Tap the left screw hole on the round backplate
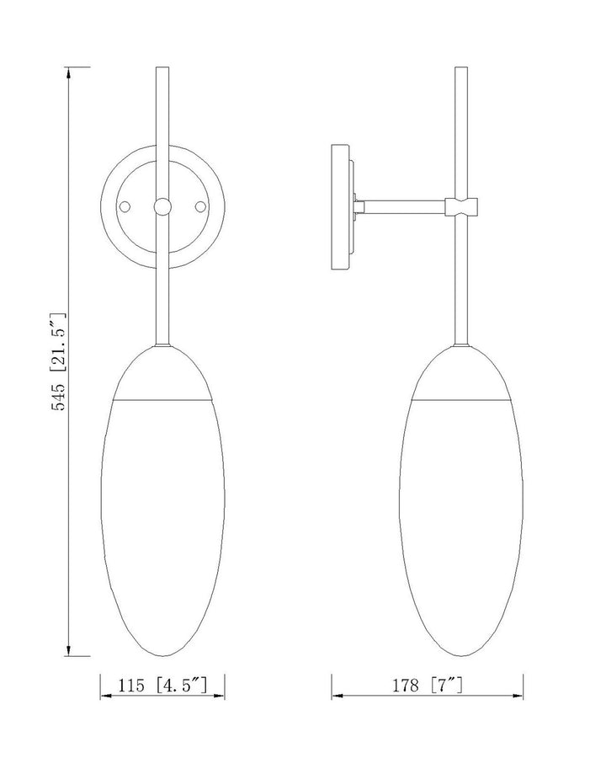pyautogui.click(x=125, y=206)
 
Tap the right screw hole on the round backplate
pyautogui.click(x=200, y=206)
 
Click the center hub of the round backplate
pyautogui.click(x=162, y=206)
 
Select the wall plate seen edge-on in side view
pyautogui.click(x=340, y=206)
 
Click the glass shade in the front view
pyautogui.click(x=162, y=522)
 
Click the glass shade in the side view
pyautogui.click(x=460, y=522)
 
